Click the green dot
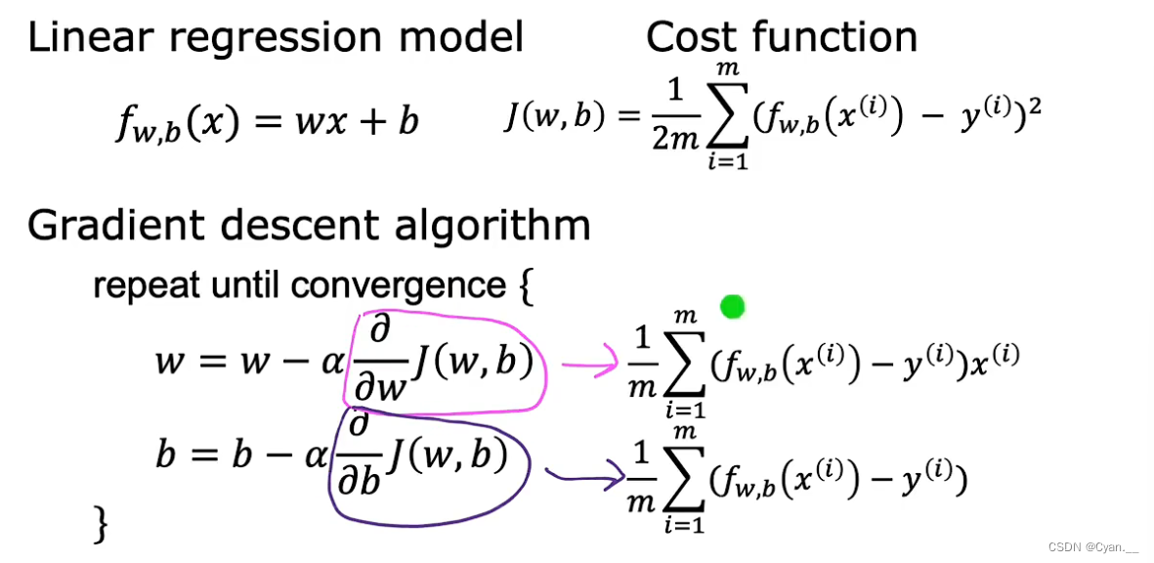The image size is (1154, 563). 732,308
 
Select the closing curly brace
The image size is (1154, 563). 100,523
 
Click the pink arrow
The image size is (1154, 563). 585,366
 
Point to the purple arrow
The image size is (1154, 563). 584,477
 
